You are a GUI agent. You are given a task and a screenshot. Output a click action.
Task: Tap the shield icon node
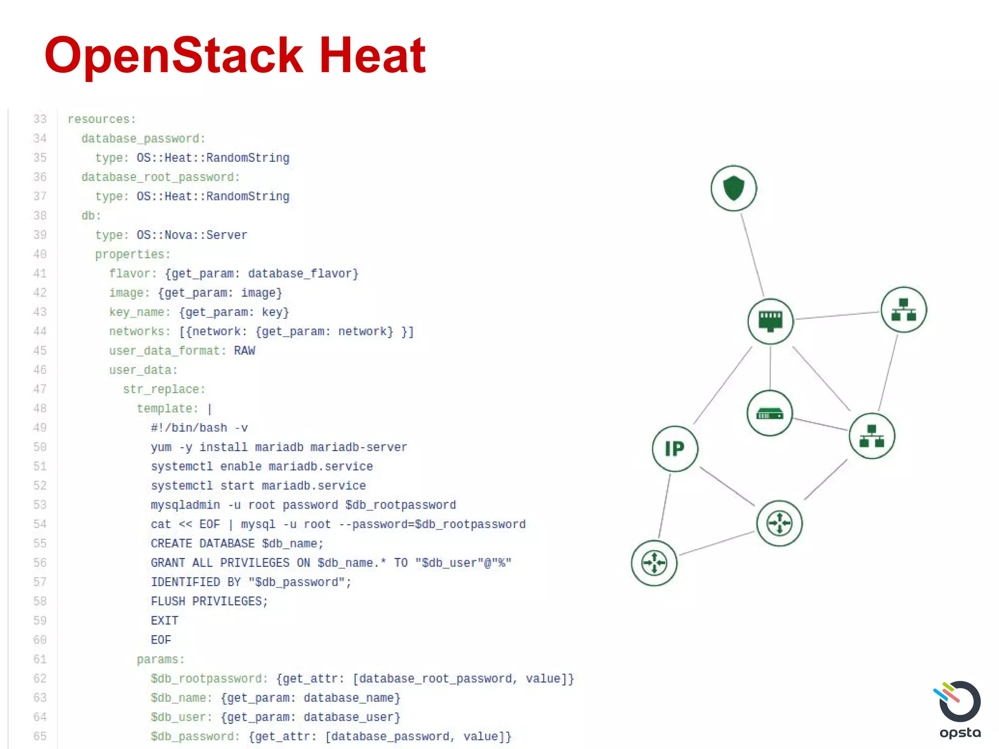pos(733,188)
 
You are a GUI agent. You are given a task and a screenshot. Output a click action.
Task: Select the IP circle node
pos(675,449)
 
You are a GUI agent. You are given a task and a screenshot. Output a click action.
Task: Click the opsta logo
pos(959,710)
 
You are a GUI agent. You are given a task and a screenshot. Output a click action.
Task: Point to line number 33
pos(40,119)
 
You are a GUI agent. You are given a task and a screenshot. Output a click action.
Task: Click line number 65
pos(40,736)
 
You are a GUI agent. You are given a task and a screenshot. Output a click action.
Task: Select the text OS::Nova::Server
pos(192,235)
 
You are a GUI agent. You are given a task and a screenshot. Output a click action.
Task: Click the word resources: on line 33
pos(101,119)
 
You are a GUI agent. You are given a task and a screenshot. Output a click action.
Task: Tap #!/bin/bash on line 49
pos(189,428)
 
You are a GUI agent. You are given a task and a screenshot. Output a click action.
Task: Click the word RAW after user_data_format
pos(244,351)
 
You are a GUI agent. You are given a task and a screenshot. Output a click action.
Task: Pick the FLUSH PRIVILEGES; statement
pos(209,601)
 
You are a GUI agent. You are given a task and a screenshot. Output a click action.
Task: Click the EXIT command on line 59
pos(164,621)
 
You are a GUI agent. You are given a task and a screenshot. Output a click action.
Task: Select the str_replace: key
pos(164,389)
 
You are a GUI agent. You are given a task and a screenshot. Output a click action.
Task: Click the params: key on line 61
pos(160,659)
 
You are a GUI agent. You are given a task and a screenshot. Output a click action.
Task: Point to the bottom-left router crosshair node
pos(654,563)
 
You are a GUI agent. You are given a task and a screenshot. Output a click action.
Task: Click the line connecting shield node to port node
pos(752,255)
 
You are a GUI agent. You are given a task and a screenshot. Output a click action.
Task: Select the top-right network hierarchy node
pos(903,310)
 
